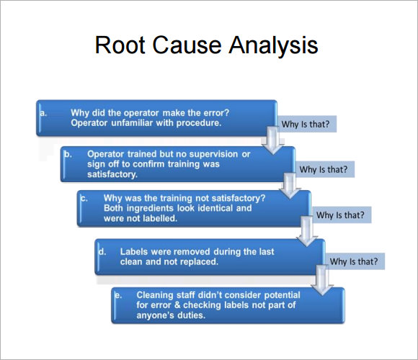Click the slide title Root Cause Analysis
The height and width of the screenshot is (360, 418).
tap(206, 45)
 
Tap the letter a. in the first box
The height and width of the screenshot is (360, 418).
tap(44, 112)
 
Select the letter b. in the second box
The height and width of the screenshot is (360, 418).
tap(68, 153)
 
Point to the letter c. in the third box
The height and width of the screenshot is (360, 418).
tap(84, 197)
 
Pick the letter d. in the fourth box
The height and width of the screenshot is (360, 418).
tap(102, 252)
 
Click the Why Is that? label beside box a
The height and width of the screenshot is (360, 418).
tap(306, 125)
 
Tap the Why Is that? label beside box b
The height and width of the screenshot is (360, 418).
tap(324, 170)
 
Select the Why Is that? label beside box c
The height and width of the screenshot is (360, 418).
tap(340, 215)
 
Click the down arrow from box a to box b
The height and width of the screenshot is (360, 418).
tap(272, 140)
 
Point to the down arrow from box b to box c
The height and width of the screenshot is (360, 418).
tap(290, 185)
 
